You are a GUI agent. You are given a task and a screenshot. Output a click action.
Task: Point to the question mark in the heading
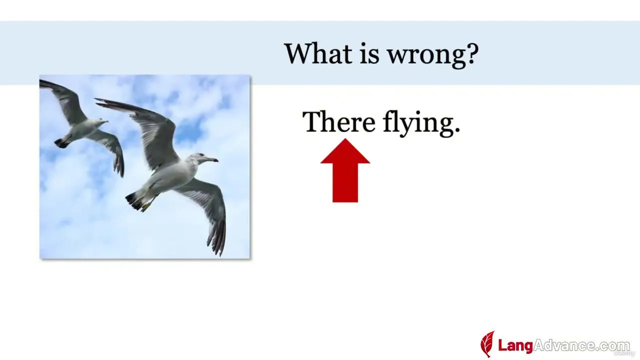coord(471,53)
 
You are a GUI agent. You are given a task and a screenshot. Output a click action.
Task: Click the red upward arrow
coord(345,170)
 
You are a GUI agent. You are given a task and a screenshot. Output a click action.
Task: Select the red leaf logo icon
coord(487,344)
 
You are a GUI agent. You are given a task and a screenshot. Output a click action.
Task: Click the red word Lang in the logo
coord(515,345)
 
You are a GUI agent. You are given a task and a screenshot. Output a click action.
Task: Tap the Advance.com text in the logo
coord(581,345)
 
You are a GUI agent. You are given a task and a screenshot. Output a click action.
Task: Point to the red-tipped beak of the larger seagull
coord(211,159)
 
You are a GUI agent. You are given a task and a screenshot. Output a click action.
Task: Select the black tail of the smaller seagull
coord(61,143)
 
